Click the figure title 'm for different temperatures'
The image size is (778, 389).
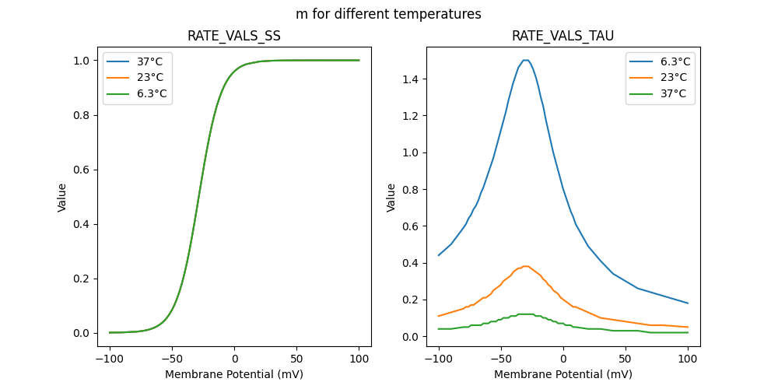388,14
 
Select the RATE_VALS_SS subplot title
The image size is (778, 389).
234,36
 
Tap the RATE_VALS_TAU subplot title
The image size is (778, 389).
562,36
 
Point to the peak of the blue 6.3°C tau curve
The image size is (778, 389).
526,60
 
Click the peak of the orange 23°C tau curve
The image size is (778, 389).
526,266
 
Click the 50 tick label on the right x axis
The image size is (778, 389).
626,359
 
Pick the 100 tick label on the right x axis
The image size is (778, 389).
688,359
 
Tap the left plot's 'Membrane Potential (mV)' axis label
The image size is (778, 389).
234,374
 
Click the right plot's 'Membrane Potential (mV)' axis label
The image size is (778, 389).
562,374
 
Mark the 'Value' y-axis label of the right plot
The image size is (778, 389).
391,198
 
